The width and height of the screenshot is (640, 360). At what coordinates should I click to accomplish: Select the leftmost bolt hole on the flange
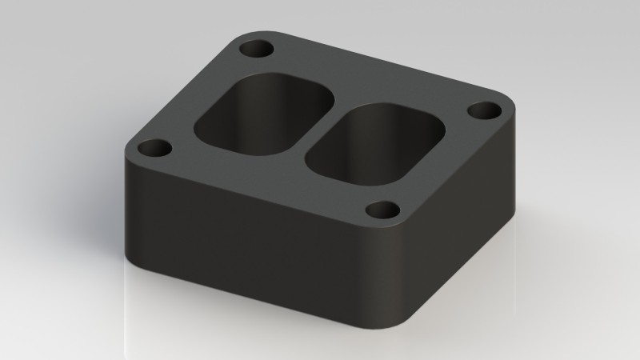[x=155, y=149]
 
